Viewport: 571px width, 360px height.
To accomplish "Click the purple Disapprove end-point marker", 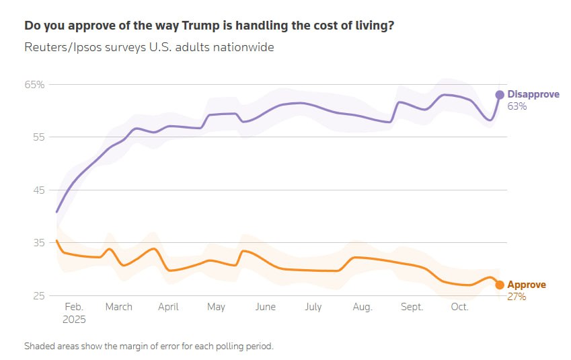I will click(x=500, y=95).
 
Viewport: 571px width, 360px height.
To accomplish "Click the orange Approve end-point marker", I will click(x=500, y=285).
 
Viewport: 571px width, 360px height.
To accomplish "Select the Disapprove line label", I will click(x=533, y=95).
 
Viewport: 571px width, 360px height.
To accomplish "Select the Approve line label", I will click(x=526, y=285).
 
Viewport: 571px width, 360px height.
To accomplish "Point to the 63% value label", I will click(x=517, y=106).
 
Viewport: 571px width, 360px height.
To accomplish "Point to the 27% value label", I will click(x=517, y=296).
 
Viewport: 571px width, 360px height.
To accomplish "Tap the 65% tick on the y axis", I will click(x=35, y=85).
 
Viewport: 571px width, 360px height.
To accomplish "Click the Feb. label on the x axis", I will click(x=74, y=307).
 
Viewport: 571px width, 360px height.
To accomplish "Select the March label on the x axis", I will click(x=119, y=307).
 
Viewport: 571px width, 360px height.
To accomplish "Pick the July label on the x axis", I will click(x=313, y=307).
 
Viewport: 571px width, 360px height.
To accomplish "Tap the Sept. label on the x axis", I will click(x=412, y=307).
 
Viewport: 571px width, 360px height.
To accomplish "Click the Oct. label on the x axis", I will click(x=459, y=307).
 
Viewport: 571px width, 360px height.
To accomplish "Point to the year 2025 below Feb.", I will click(x=74, y=320).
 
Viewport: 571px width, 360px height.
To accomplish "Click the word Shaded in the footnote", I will click(x=42, y=346).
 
